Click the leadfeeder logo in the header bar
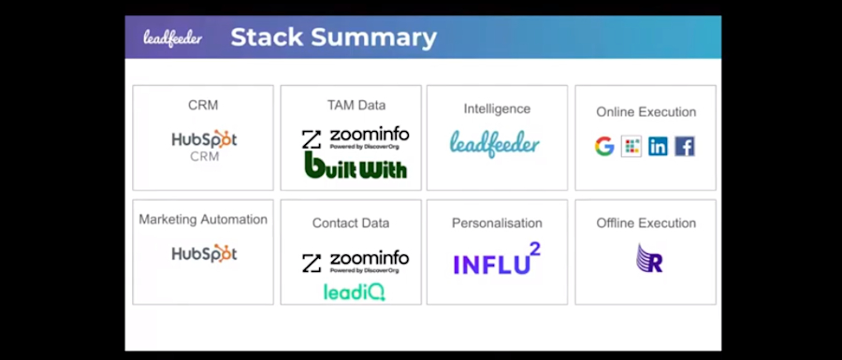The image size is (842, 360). [172, 37]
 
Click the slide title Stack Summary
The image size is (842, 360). [333, 37]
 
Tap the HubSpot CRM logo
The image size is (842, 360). [204, 145]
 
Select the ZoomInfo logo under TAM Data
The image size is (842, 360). [355, 138]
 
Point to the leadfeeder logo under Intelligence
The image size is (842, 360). [495, 143]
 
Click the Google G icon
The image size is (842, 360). [604, 146]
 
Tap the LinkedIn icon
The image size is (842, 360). [658, 146]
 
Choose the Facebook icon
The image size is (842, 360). [685, 146]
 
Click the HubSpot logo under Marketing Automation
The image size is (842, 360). [204, 253]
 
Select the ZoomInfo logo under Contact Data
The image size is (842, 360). [355, 262]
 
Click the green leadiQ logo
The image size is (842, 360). [355, 292]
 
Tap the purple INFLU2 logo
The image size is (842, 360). [497, 260]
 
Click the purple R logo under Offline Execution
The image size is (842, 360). [648, 258]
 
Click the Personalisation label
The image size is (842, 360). [497, 223]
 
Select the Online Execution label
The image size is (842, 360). [646, 112]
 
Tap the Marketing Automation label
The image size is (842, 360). [203, 220]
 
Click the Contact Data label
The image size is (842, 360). [351, 223]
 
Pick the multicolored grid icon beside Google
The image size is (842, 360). [631, 146]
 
